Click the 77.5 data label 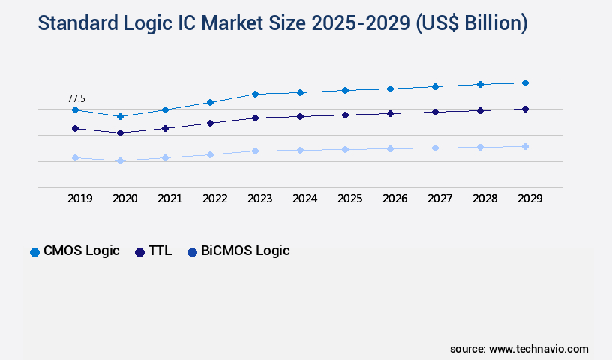pos(76,98)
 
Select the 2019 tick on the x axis pos(79,199)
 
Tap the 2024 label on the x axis pos(304,199)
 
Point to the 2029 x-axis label pos(529,199)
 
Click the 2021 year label pos(169,199)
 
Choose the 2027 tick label pos(439,199)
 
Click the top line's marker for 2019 pos(75,110)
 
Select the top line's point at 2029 pos(525,82)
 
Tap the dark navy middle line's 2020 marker pos(120,133)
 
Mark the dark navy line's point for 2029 pos(525,109)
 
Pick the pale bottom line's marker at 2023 pos(255,151)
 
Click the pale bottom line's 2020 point pos(120,160)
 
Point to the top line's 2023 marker pos(255,94)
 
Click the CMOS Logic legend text pos(82,251)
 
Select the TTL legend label pos(160,251)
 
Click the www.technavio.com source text pos(538,349)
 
